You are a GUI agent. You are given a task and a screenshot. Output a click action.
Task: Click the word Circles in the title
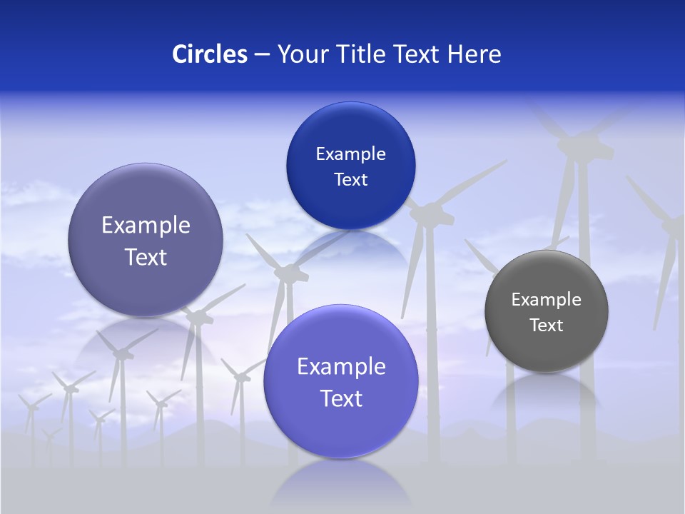tap(210, 54)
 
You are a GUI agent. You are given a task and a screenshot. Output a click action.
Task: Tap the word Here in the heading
tap(475, 54)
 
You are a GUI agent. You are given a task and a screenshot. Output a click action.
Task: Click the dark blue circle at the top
tap(350, 166)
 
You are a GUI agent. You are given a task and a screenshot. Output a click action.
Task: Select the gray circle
tap(547, 311)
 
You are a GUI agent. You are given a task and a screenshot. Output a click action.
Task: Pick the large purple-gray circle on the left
tap(146, 240)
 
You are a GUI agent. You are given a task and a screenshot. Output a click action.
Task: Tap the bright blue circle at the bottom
tap(341, 381)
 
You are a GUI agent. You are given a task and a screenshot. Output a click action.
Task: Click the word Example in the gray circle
tap(547, 300)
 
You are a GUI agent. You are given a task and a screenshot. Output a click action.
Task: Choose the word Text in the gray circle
tap(547, 326)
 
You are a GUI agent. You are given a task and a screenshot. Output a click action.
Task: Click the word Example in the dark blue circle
tap(350, 154)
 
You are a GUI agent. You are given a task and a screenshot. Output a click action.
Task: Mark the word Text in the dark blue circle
tap(350, 180)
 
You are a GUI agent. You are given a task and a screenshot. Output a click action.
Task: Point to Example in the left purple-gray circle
tap(146, 226)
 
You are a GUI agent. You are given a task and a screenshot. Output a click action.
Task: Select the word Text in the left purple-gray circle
tap(146, 257)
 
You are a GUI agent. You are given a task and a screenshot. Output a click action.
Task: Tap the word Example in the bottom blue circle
tap(341, 367)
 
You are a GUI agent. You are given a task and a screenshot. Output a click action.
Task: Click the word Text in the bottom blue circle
tap(341, 398)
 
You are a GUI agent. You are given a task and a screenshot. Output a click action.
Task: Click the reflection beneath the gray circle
tap(547, 393)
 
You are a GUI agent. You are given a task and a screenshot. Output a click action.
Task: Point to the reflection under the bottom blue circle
tap(341, 482)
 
